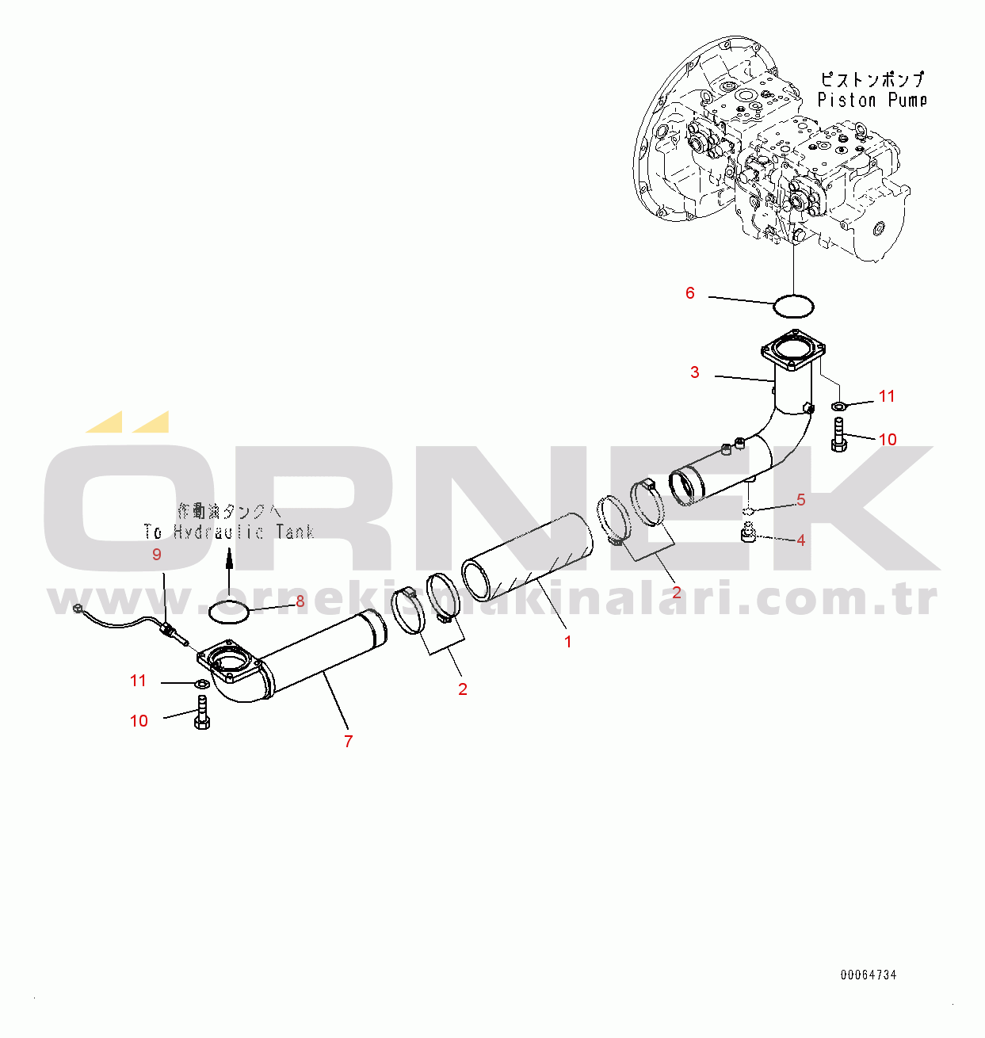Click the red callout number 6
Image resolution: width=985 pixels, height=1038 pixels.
tap(689, 293)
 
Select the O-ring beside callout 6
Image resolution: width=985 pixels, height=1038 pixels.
tap(793, 305)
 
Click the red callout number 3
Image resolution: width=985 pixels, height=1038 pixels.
tap(695, 372)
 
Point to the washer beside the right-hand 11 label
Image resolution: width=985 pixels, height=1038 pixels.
tap(838, 406)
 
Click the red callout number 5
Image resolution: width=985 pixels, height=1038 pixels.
tap(801, 500)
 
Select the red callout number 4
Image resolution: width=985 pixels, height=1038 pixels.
tap(801, 540)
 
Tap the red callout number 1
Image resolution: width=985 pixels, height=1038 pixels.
tap(567, 642)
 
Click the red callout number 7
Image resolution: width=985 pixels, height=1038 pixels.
tap(348, 742)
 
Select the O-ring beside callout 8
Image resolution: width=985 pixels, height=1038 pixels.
tap(228, 610)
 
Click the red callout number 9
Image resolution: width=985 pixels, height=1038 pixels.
tap(156, 555)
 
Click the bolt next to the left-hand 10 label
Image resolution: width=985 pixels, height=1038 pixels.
tap(201, 713)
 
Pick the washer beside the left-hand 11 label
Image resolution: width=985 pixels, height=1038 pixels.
tap(201, 683)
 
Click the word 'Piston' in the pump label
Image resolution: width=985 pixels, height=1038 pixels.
tap(846, 101)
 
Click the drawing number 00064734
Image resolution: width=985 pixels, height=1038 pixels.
tap(869, 975)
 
